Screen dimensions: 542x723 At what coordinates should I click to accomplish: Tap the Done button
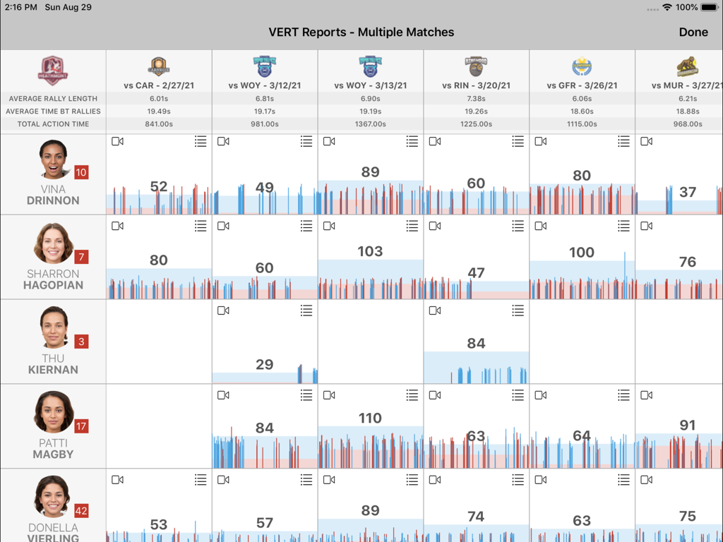693,32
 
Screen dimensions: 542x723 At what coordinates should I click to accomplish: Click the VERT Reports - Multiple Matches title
361,32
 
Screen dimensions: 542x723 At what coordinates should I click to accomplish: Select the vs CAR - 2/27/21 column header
159,85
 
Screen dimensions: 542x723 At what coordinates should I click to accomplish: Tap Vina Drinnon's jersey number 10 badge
81,172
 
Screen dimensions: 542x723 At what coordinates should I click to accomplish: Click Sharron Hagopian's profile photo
54,243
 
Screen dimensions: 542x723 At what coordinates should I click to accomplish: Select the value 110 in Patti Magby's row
370,418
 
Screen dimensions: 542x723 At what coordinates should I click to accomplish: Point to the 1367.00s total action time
370,124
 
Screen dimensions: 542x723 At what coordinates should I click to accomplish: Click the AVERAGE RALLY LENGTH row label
53,99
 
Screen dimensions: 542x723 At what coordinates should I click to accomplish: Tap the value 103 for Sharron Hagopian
370,252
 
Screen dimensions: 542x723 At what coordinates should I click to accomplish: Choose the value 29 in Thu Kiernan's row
264,365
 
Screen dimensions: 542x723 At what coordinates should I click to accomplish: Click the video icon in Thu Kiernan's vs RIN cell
435,311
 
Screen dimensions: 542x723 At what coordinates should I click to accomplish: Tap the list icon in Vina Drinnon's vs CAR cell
201,142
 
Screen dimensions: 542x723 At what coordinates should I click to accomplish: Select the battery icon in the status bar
709,8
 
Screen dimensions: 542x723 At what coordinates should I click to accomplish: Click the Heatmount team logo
53,71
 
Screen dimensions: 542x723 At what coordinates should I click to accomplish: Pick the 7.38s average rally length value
476,99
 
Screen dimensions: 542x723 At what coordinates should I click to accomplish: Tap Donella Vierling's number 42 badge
81,511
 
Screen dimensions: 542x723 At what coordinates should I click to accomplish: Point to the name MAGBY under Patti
53,454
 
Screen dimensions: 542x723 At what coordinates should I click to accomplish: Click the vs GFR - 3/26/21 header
582,85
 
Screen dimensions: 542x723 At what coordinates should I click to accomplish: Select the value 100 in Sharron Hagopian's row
581,253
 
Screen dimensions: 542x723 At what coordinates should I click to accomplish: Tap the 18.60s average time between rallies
582,112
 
